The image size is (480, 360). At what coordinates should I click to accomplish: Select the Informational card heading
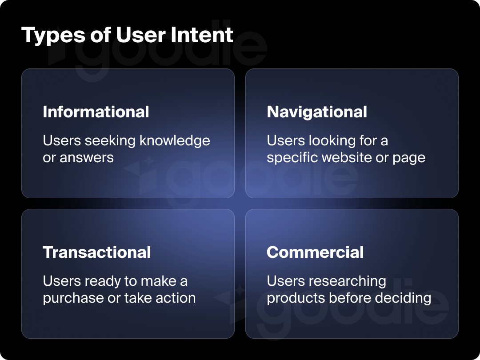96,112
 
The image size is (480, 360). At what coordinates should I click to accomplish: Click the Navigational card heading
317,112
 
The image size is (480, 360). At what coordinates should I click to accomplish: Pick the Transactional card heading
97,252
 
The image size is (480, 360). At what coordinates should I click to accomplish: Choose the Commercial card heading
315,252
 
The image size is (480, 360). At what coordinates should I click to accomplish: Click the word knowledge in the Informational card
175,141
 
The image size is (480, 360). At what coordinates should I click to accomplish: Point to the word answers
87,158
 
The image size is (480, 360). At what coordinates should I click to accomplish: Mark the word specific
292,158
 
